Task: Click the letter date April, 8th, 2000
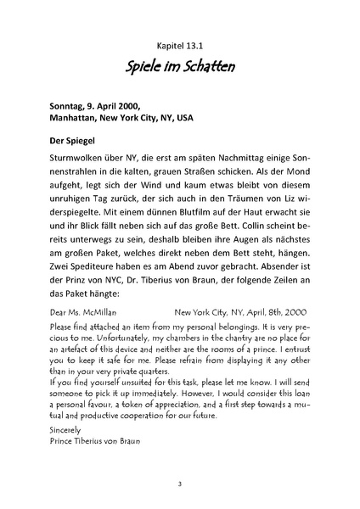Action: (269, 312)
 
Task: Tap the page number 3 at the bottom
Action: (180, 484)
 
